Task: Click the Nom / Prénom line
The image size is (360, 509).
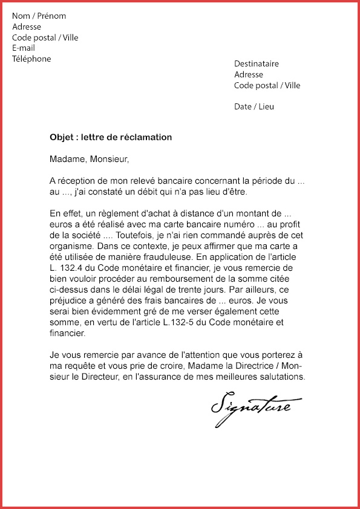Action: click(39, 16)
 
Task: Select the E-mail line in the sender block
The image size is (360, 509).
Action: click(24, 48)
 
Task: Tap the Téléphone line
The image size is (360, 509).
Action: click(31, 59)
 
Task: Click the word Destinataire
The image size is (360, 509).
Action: click(257, 63)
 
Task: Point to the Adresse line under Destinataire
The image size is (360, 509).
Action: click(249, 74)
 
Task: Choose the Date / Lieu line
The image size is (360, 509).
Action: click(254, 106)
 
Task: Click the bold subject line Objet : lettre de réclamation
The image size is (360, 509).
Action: click(111, 137)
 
